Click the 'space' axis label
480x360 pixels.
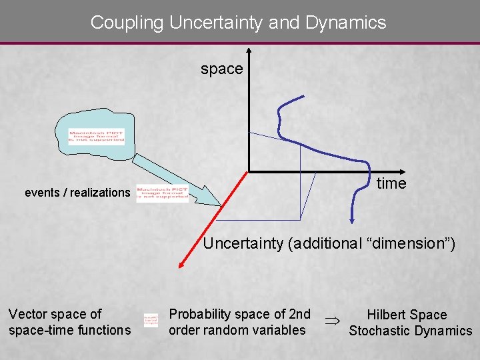click(x=222, y=69)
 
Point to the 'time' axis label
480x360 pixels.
click(x=391, y=183)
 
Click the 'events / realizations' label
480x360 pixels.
click(x=77, y=193)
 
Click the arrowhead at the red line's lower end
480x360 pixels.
click(x=181, y=266)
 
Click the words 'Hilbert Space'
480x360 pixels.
click(x=407, y=315)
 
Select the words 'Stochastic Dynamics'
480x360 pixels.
click(x=410, y=331)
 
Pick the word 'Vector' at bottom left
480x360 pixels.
click(x=27, y=314)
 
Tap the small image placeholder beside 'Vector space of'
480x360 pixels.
click(x=151, y=321)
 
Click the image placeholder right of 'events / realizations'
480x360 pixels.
click(x=163, y=193)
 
